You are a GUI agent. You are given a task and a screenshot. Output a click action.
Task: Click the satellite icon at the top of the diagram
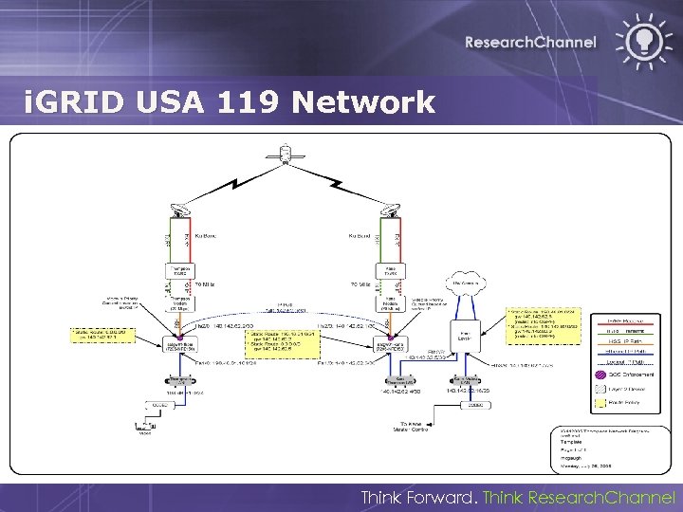click(x=284, y=151)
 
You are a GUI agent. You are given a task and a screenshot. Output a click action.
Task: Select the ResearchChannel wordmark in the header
click(x=530, y=42)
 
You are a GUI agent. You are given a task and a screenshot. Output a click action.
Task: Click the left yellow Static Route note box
click(x=103, y=334)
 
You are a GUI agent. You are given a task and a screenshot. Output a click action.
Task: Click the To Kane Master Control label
click(x=412, y=428)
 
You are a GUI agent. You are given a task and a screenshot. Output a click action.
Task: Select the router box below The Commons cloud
click(x=466, y=337)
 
